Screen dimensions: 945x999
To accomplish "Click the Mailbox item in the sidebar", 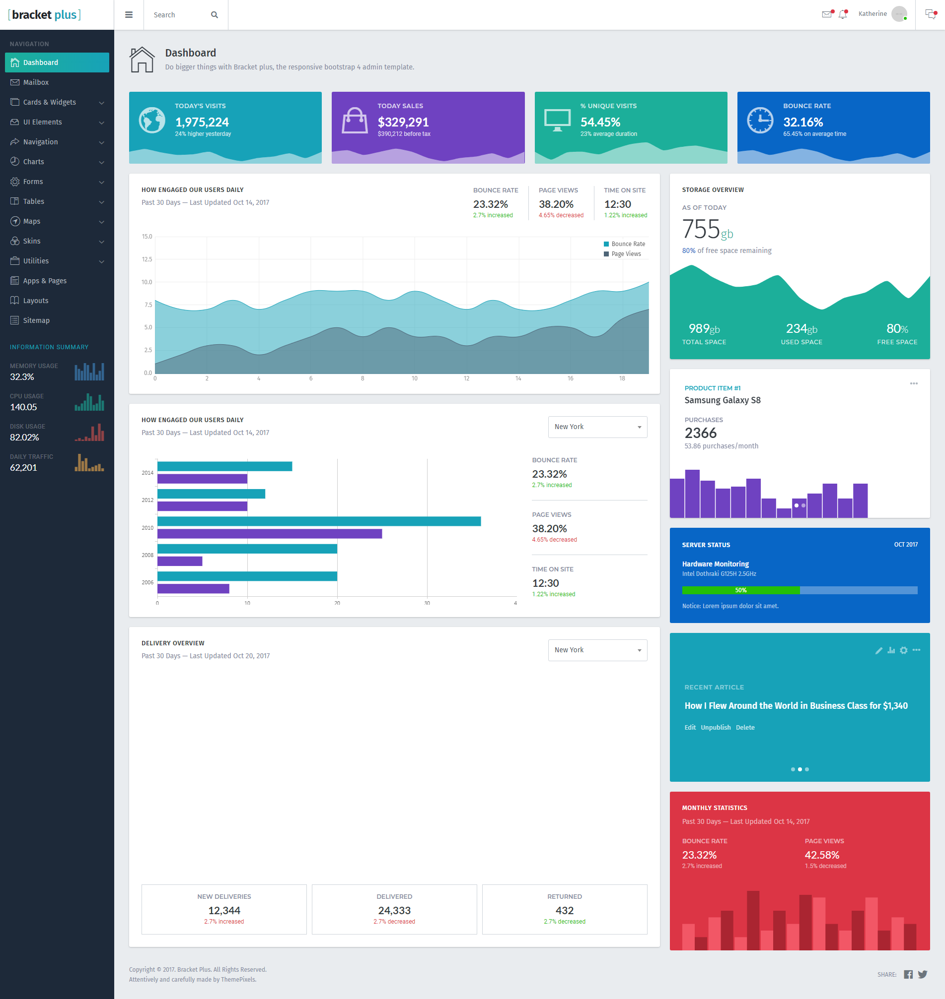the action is (x=36, y=82).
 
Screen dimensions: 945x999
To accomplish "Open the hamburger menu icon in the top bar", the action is (x=129, y=15).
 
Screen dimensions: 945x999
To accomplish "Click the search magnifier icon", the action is (x=215, y=15).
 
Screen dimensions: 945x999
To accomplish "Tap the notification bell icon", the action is (x=843, y=14).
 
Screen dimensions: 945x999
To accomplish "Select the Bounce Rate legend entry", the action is (x=624, y=244).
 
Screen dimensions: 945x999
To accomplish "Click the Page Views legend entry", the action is (x=622, y=254).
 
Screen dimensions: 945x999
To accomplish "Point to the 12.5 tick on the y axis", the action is (x=146, y=259).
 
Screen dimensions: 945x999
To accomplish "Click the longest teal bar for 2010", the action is (x=319, y=521).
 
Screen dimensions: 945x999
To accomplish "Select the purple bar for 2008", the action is (x=180, y=561).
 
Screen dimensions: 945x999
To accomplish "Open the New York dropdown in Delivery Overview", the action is (x=597, y=650).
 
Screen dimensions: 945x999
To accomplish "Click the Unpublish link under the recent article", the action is (x=715, y=727).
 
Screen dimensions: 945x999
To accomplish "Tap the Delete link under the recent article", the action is (x=745, y=727).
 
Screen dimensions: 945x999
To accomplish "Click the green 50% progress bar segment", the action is (x=740, y=590).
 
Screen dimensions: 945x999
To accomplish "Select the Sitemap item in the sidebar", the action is (x=36, y=320).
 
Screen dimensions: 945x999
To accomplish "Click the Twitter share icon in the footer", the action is (x=922, y=974).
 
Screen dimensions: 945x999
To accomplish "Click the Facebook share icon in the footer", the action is (x=908, y=974).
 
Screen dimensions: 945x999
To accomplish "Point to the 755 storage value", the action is (x=701, y=229).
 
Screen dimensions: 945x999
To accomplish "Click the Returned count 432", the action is (x=565, y=910).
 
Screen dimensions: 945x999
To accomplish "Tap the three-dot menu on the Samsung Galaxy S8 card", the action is (x=914, y=383).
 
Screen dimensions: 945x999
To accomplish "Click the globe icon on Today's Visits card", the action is (x=151, y=120).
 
